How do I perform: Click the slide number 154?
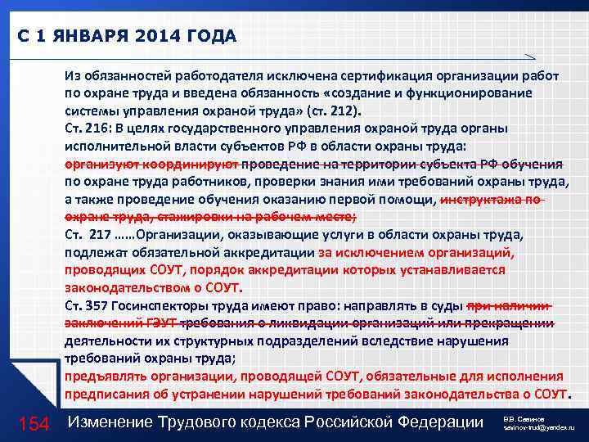34,422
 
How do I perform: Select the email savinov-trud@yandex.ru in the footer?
542,428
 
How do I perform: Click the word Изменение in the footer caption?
115,422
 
